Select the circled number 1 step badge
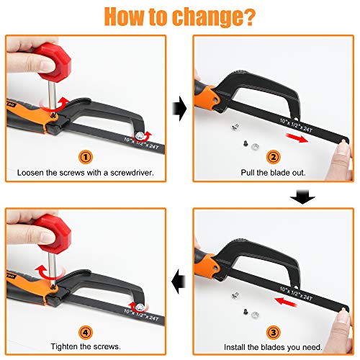tap(86, 157)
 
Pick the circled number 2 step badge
tap(273, 157)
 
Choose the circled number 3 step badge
tap(273, 333)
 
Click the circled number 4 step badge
tap(86, 333)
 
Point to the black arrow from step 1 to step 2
tap(179, 109)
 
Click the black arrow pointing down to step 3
tap(302, 197)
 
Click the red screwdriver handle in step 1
tap(53, 63)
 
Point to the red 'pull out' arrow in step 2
tap(297, 138)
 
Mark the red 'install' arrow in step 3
tap(286, 302)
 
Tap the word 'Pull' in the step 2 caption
tap(248, 173)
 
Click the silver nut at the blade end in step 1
tap(140, 136)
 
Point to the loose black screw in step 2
tap(246, 144)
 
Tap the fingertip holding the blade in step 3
tap(343, 318)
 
